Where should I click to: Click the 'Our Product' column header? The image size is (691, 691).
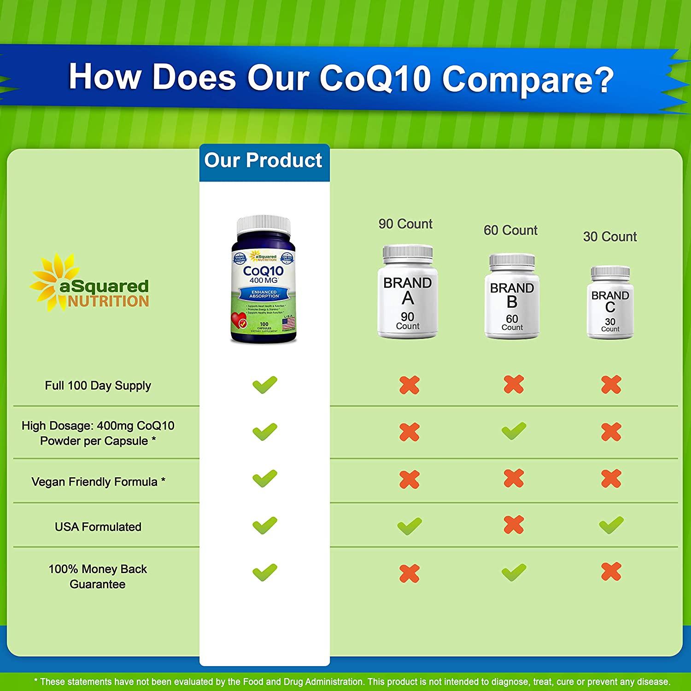264,161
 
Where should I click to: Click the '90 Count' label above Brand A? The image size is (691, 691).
405,224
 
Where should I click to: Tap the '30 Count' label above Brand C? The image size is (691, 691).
610,237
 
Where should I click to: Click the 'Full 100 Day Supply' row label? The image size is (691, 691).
98,386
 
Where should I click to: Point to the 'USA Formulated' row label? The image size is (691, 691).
98,527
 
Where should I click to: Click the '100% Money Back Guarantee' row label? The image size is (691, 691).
98,576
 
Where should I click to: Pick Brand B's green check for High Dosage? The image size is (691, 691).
514,431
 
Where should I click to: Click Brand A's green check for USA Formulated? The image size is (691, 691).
409,526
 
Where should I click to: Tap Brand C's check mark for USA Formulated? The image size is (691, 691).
611,525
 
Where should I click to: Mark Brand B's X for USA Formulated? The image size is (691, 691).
514,525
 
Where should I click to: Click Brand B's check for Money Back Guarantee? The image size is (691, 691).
514,572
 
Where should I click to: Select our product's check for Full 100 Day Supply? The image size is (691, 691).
265,385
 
